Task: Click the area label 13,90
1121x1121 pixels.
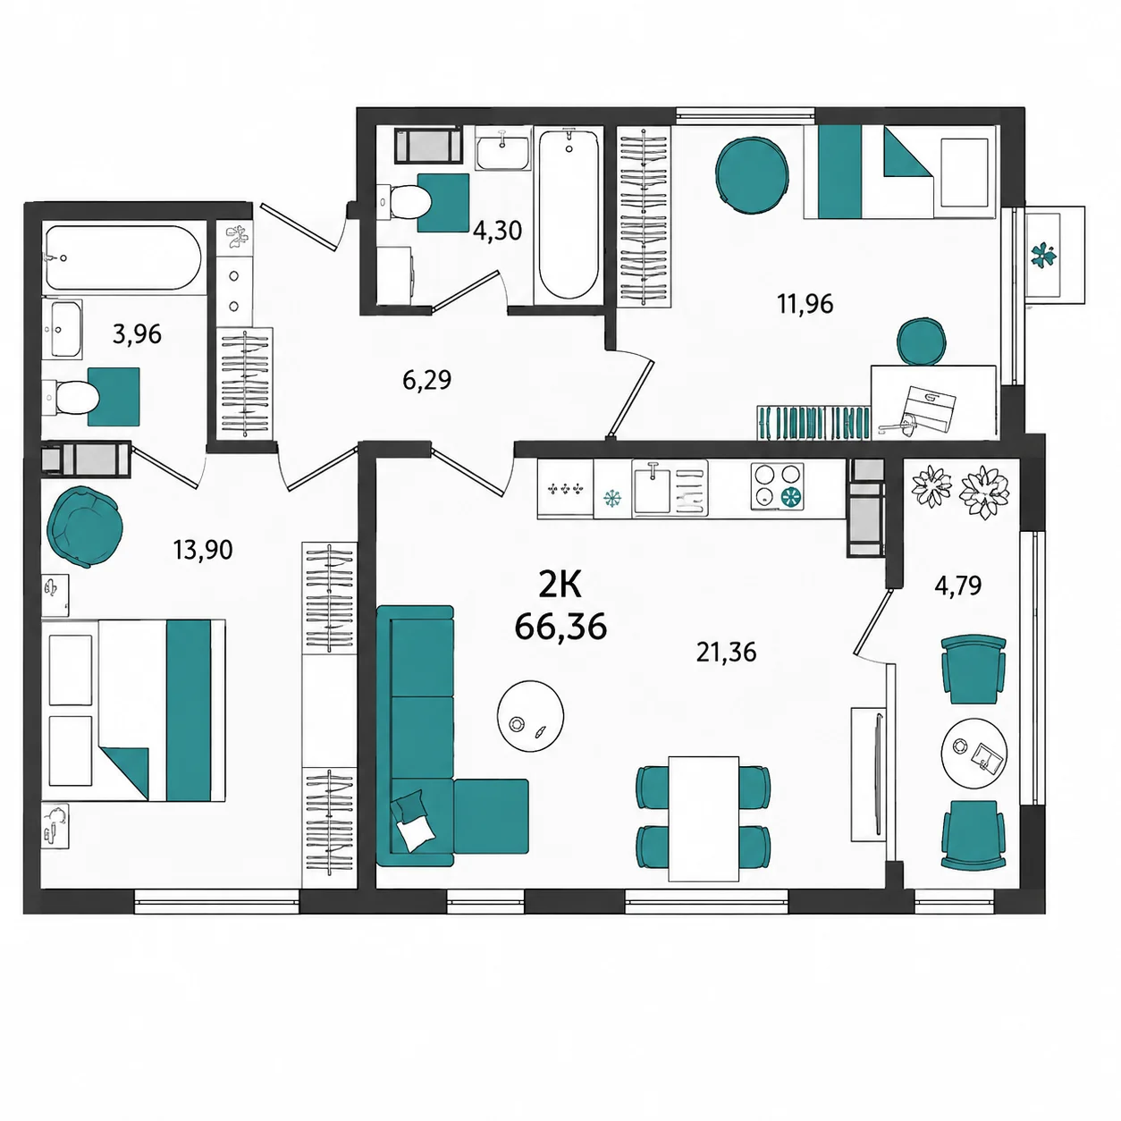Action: click(x=203, y=550)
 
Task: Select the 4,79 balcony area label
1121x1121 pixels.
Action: click(x=958, y=586)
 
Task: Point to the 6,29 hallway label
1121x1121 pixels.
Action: click(x=427, y=381)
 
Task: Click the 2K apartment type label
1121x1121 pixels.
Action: click(x=560, y=586)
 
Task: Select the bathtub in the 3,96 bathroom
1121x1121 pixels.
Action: click(x=123, y=257)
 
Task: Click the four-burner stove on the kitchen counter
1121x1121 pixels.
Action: click(x=777, y=487)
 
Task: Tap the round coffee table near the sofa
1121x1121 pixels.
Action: click(x=530, y=716)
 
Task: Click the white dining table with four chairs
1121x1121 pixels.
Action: click(x=704, y=819)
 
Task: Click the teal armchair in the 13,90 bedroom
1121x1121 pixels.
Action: click(x=85, y=527)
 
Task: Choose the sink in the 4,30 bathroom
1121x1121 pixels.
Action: click(x=503, y=148)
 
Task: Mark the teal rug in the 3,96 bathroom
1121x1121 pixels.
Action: click(x=114, y=397)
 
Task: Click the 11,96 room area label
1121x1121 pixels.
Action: click(x=805, y=304)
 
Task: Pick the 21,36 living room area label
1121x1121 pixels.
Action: click(x=727, y=653)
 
